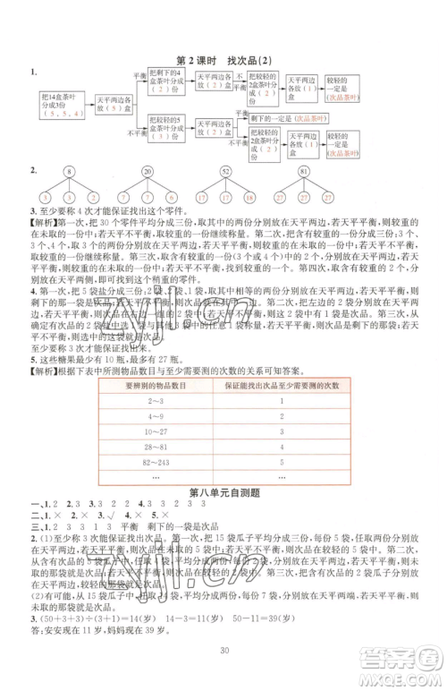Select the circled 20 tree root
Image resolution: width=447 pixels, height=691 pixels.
pyautogui.click(x=148, y=173)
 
